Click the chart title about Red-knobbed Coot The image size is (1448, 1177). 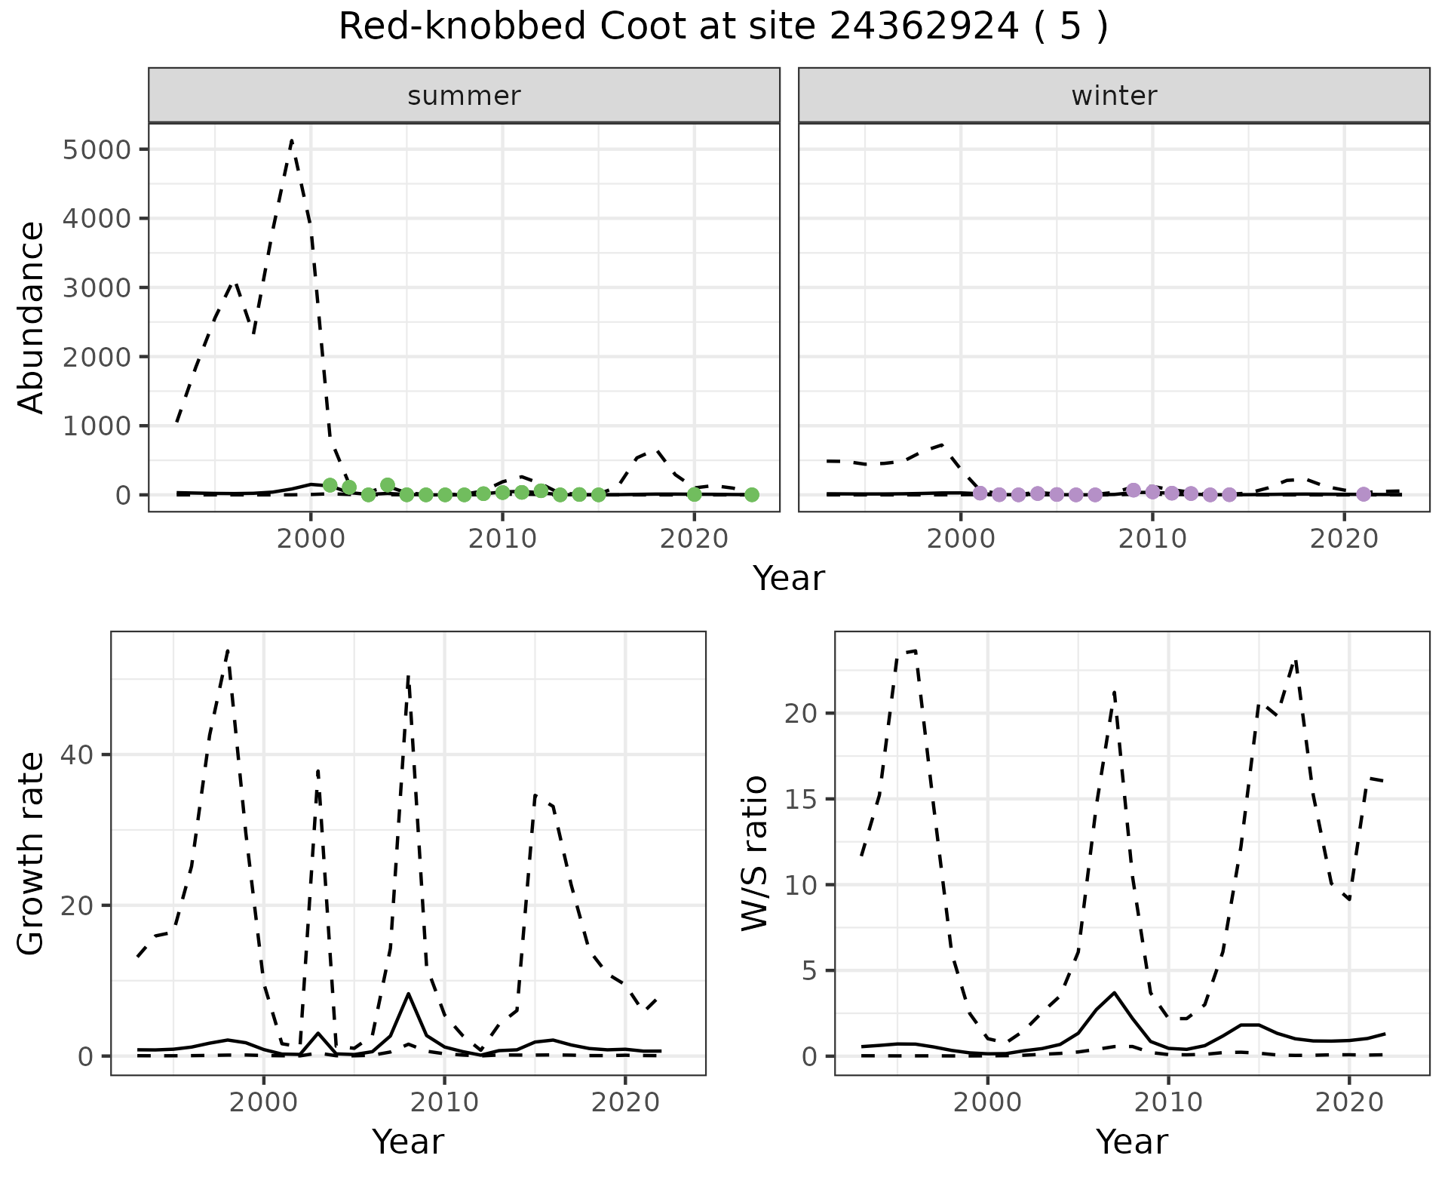tap(723, 27)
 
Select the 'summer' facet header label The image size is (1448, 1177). tap(464, 96)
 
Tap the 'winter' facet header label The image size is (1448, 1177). tap(1114, 96)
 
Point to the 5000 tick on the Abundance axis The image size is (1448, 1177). tap(97, 149)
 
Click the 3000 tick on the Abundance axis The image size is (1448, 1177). tap(97, 287)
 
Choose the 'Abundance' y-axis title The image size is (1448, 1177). tap(32, 317)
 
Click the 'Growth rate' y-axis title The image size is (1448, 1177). tap(32, 854)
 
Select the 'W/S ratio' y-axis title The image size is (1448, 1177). tap(755, 853)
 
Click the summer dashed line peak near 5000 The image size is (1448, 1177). tap(292, 140)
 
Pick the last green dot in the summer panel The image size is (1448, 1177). tap(752, 495)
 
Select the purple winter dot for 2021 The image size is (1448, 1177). tap(1363, 494)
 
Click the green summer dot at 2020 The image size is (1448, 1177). tap(695, 495)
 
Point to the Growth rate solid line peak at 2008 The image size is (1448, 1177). tap(409, 994)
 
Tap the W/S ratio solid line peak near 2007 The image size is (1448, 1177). tap(1114, 992)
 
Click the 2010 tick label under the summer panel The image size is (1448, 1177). tap(502, 539)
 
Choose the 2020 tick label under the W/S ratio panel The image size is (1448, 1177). tap(1349, 1102)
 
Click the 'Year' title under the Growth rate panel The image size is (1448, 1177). tap(408, 1142)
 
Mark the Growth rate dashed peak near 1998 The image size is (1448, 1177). tap(228, 650)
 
